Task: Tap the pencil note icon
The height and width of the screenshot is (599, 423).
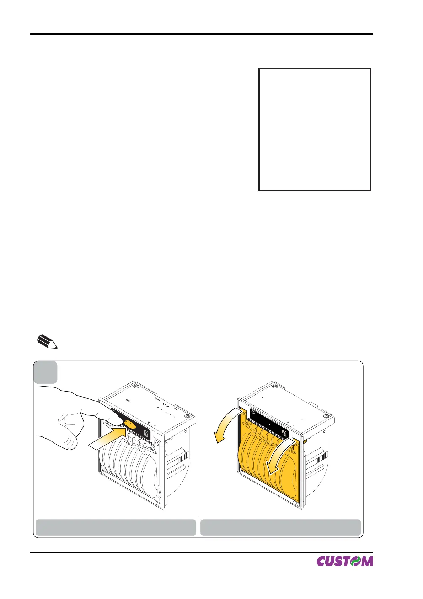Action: (47, 341)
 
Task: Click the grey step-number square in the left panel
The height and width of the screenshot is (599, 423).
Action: (45, 372)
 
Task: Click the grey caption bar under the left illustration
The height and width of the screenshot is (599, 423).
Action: (116, 527)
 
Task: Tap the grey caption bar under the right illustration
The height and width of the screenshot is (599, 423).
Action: (280, 527)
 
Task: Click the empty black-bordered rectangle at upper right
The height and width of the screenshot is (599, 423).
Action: (315, 129)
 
